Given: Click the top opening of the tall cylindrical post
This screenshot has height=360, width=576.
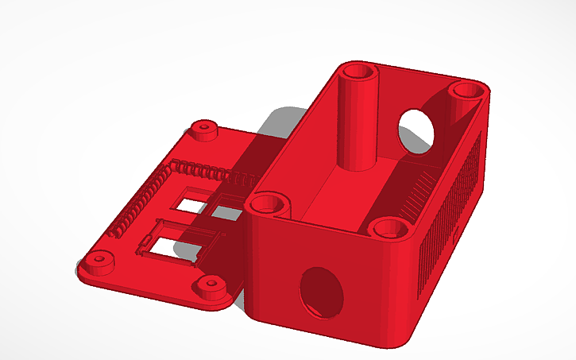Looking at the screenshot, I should coord(359,73).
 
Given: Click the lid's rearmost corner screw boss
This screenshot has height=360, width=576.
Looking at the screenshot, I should coord(204,128).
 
